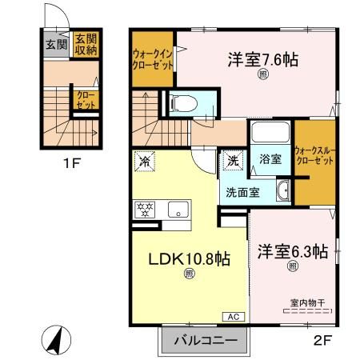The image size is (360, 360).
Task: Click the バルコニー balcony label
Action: pyautogui.click(x=206, y=341)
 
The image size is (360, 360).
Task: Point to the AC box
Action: pyautogui.click(x=235, y=316)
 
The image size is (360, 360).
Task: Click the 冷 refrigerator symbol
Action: pyautogui.click(x=146, y=160)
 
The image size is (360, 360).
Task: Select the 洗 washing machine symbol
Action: pyautogui.click(x=232, y=160)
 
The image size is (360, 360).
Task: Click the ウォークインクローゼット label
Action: pyautogui.click(x=153, y=59)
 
